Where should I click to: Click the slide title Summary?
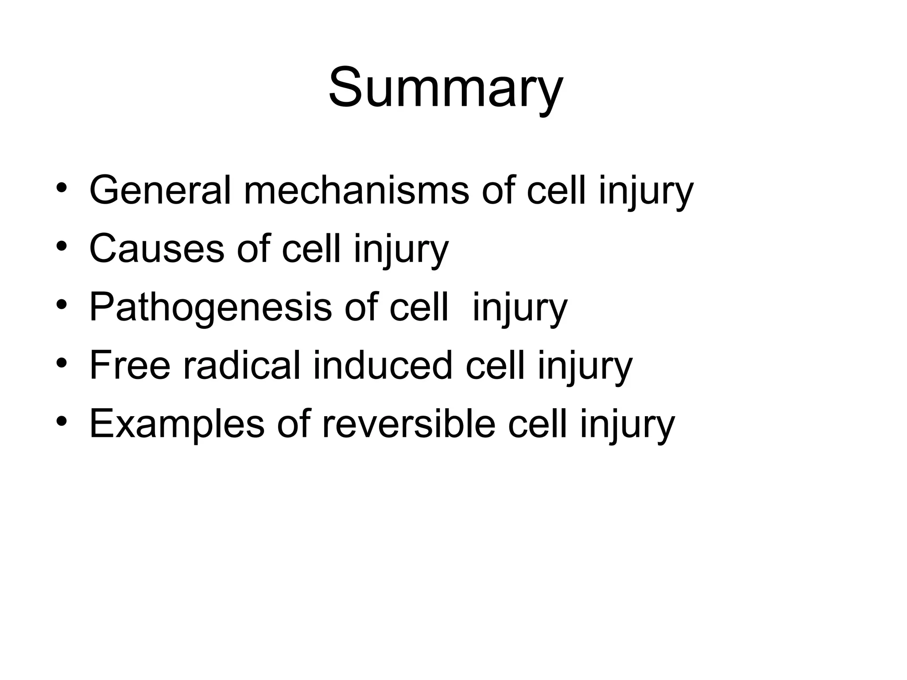(x=446, y=87)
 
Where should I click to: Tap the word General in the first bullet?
(x=160, y=190)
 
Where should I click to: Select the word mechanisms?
(x=356, y=190)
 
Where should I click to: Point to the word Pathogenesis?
(x=210, y=307)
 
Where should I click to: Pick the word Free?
(x=130, y=366)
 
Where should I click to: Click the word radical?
(x=242, y=366)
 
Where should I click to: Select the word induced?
(x=383, y=366)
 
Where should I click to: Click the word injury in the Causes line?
(x=401, y=250)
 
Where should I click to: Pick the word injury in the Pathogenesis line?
(x=519, y=308)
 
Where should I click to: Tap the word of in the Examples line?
(x=292, y=424)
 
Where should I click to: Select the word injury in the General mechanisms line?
(x=646, y=191)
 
